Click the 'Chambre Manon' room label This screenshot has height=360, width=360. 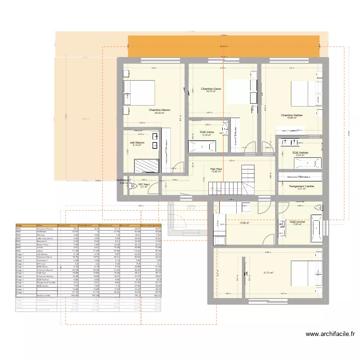pos(159,110)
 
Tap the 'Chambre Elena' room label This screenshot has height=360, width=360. pos(211,89)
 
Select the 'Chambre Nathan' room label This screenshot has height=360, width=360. pos(292,115)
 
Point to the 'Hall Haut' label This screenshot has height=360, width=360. pos(216,168)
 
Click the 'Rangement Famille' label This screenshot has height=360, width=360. pos(301,185)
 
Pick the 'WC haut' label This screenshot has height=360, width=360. pos(144,184)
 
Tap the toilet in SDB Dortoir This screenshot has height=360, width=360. pos(317,207)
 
